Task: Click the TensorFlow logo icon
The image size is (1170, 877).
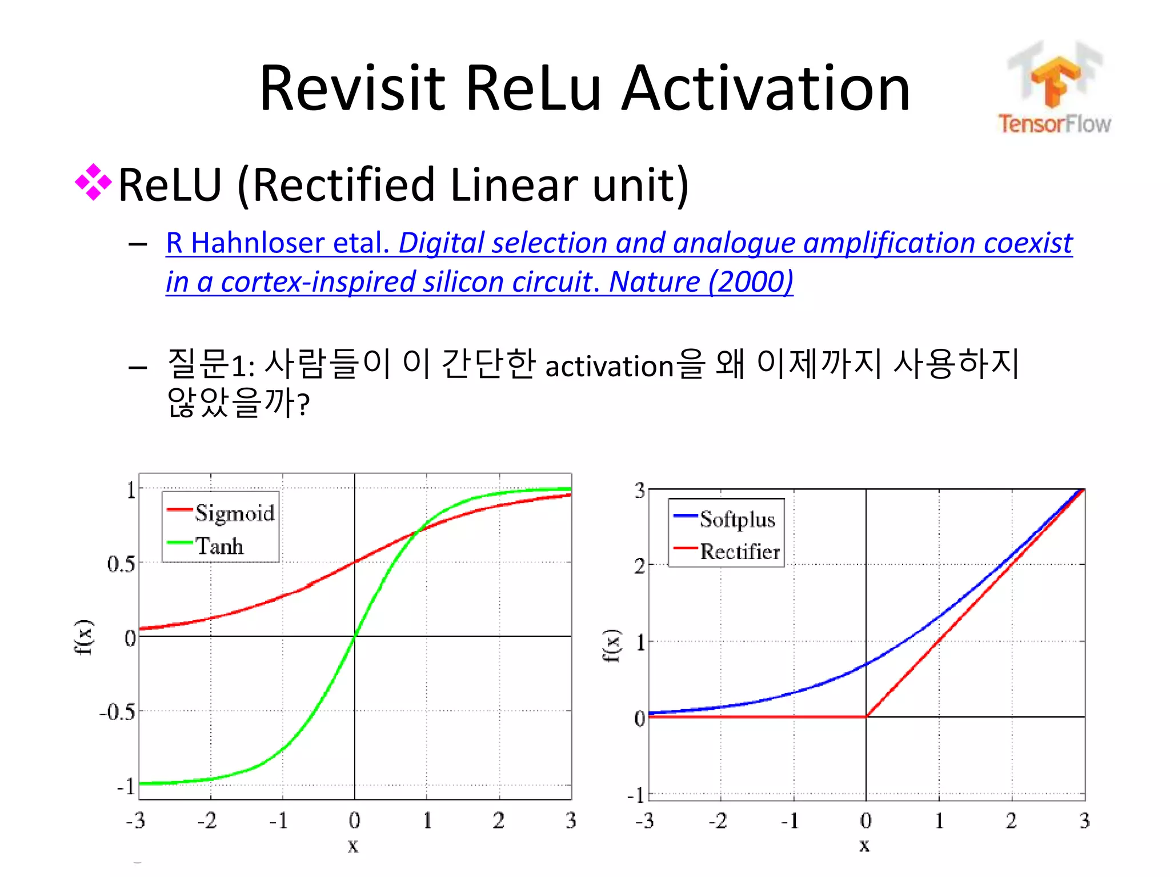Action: (x=1055, y=77)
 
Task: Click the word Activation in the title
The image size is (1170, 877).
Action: (x=765, y=88)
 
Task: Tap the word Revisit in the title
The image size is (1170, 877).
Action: (x=352, y=88)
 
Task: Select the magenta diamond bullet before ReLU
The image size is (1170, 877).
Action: (x=93, y=183)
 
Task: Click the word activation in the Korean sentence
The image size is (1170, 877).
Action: (x=610, y=367)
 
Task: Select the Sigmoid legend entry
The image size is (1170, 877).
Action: (x=234, y=513)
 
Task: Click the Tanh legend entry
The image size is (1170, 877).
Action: (x=219, y=546)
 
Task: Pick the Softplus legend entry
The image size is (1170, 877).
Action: (x=737, y=519)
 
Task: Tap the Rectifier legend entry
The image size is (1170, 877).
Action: (x=740, y=552)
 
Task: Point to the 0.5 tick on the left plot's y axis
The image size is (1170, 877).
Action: (x=121, y=564)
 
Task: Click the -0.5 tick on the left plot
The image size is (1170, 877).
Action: (x=118, y=712)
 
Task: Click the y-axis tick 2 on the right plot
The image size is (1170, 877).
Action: (x=639, y=566)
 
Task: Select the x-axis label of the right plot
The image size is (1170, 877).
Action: (x=864, y=845)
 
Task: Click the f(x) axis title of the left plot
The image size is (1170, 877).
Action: (x=83, y=637)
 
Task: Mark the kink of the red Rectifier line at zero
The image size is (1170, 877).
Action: (x=866, y=716)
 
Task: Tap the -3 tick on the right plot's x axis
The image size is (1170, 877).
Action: (x=644, y=821)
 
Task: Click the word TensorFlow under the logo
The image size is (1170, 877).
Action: (x=1054, y=123)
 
